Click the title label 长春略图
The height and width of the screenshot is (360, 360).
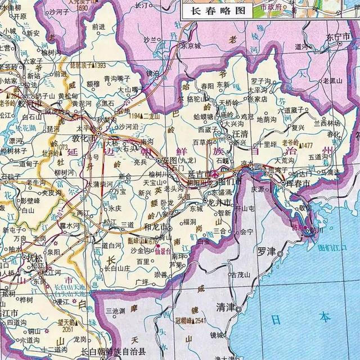218,11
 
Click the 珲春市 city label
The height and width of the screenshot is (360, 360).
298,184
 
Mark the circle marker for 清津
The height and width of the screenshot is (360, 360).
238,310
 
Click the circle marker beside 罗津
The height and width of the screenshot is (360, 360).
280,254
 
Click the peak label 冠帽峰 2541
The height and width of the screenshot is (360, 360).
195,320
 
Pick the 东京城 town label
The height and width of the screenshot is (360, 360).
191,46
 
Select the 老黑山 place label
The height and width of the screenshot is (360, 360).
332,81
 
